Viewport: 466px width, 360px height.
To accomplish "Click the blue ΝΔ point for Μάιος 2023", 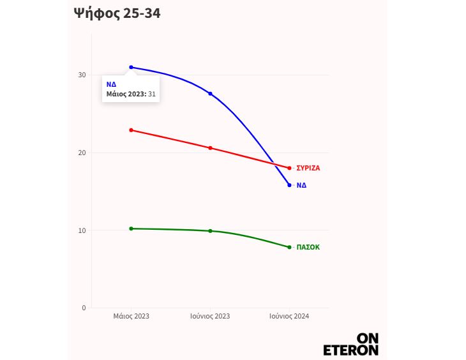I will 132,67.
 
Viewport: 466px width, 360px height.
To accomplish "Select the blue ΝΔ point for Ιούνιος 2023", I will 210,94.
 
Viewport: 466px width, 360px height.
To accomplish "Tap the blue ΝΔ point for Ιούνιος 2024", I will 289,185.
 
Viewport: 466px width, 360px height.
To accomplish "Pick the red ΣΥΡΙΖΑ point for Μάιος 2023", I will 132,130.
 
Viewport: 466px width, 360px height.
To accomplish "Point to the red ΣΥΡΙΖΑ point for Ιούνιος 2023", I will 210,148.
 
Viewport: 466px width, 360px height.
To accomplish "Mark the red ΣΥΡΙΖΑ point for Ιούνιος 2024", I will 289,168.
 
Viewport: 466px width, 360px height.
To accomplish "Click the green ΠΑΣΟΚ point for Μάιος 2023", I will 132,229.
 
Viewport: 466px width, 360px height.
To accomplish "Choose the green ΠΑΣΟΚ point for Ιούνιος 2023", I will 210,231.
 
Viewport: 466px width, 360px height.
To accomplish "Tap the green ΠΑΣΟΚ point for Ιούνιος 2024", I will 289,247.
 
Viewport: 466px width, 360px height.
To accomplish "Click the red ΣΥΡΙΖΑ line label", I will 308,168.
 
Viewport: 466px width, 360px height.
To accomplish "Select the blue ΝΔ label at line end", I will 301,185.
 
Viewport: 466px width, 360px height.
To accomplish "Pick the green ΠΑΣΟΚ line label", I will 308,247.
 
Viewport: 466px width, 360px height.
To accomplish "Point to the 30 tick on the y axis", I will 82,75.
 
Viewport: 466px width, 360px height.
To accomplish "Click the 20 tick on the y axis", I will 82,153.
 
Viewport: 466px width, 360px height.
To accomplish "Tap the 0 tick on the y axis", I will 84,308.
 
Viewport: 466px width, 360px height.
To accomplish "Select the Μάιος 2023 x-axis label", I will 132,316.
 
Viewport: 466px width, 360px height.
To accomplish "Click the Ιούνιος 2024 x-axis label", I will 289,316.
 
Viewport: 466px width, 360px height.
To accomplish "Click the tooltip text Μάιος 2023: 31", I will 131,94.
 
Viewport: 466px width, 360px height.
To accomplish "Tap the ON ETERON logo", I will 351,343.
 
